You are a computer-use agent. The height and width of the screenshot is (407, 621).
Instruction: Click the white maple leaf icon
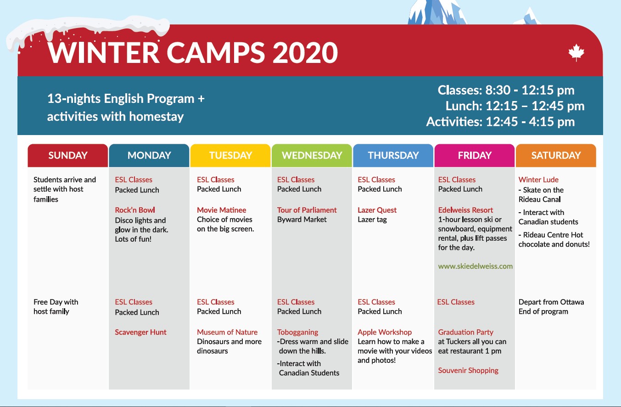576,52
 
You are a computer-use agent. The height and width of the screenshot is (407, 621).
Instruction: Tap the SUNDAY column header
67,155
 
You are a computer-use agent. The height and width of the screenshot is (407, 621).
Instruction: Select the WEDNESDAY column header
312,155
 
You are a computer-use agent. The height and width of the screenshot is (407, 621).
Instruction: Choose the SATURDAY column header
556,155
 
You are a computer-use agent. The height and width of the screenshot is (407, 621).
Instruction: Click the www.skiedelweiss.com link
475,266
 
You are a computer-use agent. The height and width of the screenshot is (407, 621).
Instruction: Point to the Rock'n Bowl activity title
135,210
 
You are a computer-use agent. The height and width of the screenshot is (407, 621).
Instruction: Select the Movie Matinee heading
222,210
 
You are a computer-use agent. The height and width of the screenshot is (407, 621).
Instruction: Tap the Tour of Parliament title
307,210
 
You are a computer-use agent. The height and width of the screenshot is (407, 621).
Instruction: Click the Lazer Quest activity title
377,210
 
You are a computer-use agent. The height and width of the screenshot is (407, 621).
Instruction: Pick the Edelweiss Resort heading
465,210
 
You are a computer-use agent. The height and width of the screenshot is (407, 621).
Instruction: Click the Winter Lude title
538,180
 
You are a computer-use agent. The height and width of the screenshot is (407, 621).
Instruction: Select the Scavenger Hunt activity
140,332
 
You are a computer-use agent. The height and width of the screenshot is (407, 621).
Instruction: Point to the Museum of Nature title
227,332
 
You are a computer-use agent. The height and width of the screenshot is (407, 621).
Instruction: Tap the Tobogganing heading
297,333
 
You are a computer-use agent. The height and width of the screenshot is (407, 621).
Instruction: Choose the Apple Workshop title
385,333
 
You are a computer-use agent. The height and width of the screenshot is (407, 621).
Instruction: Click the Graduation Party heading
465,333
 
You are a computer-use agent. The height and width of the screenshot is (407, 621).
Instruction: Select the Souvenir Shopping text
468,371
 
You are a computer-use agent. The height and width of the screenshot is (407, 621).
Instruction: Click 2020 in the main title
305,53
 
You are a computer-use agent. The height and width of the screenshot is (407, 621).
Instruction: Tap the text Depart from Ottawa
551,302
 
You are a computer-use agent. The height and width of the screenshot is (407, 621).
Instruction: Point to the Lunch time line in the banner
515,106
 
